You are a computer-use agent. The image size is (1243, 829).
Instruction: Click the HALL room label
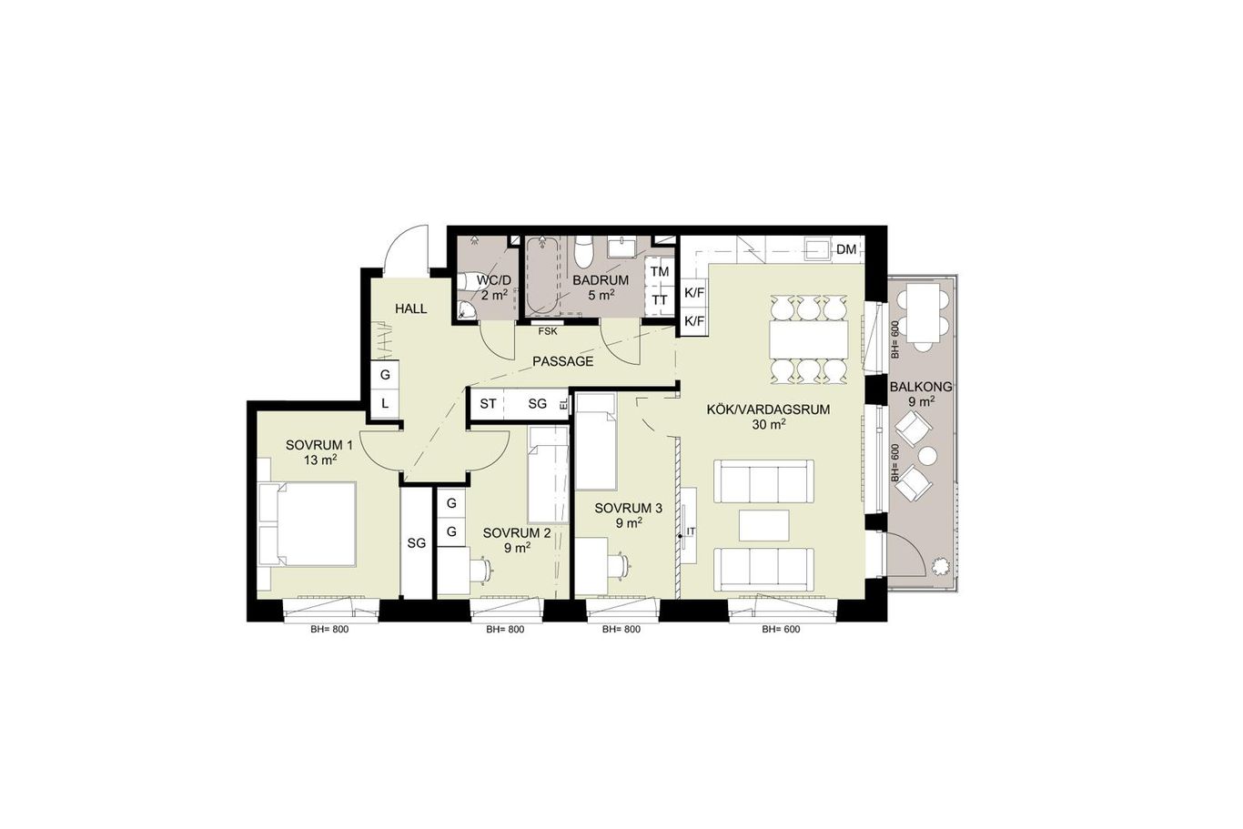pyautogui.click(x=410, y=309)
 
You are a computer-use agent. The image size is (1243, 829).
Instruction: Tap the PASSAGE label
pyautogui.click(x=562, y=362)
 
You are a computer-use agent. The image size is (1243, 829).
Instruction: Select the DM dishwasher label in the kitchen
pyautogui.click(x=846, y=249)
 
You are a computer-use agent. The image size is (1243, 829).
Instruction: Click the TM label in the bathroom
pyautogui.click(x=660, y=272)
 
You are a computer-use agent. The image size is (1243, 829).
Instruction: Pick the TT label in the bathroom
pyautogui.click(x=660, y=300)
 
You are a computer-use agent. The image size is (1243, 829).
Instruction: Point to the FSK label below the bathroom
pyautogui.click(x=548, y=332)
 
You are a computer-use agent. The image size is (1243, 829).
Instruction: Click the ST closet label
pyautogui.click(x=488, y=404)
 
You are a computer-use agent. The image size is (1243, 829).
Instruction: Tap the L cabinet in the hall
pyautogui.click(x=385, y=404)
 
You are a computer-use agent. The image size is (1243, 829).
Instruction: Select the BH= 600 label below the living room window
pyautogui.click(x=781, y=630)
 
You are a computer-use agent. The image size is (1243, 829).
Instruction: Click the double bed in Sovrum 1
pyautogui.click(x=307, y=524)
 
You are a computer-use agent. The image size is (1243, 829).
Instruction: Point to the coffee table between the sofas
pyautogui.click(x=764, y=525)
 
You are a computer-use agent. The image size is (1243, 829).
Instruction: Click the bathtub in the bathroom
pyautogui.click(x=542, y=275)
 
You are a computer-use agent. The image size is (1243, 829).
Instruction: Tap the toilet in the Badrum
pyautogui.click(x=583, y=251)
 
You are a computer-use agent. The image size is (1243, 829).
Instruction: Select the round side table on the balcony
pyautogui.click(x=927, y=456)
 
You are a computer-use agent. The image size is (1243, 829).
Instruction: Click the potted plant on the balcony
pyautogui.click(x=941, y=567)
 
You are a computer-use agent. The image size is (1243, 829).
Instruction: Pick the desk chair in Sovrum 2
pyautogui.click(x=481, y=567)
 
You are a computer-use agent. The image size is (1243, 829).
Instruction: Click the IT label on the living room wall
pyautogui.click(x=691, y=531)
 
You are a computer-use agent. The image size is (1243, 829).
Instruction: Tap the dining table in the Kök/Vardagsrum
pyautogui.click(x=809, y=339)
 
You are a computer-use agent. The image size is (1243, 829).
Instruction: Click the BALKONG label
pyautogui.click(x=921, y=388)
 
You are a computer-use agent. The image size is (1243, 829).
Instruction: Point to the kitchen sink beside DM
pyautogui.click(x=817, y=249)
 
